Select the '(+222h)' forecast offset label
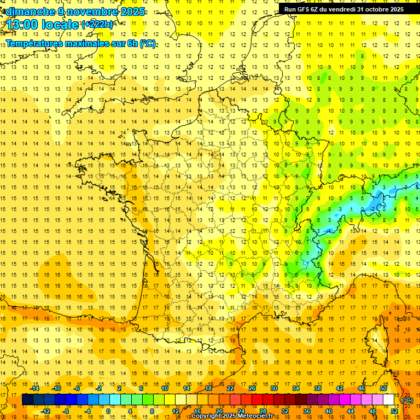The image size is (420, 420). pyautogui.click(x=97, y=25)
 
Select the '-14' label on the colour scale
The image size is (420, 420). pyautogui.click(x=34, y=388)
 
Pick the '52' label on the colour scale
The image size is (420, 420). pyautogui.click(x=394, y=411)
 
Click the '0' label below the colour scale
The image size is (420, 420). pyautogui.click(x=108, y=411)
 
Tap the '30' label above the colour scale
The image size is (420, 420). pyautogui.click(x=273, y=388)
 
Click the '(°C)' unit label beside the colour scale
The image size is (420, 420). pyautogui.click(x=407, y=400)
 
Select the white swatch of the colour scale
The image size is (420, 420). pyautogui.click(x=389, y=400)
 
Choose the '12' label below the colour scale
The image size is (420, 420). pyautogui.click(x=176, y=411)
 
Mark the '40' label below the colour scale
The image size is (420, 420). pyautogui.click(x=328, y=411)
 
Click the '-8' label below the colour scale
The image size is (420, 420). pyautogui.click(x=66, y=411)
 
